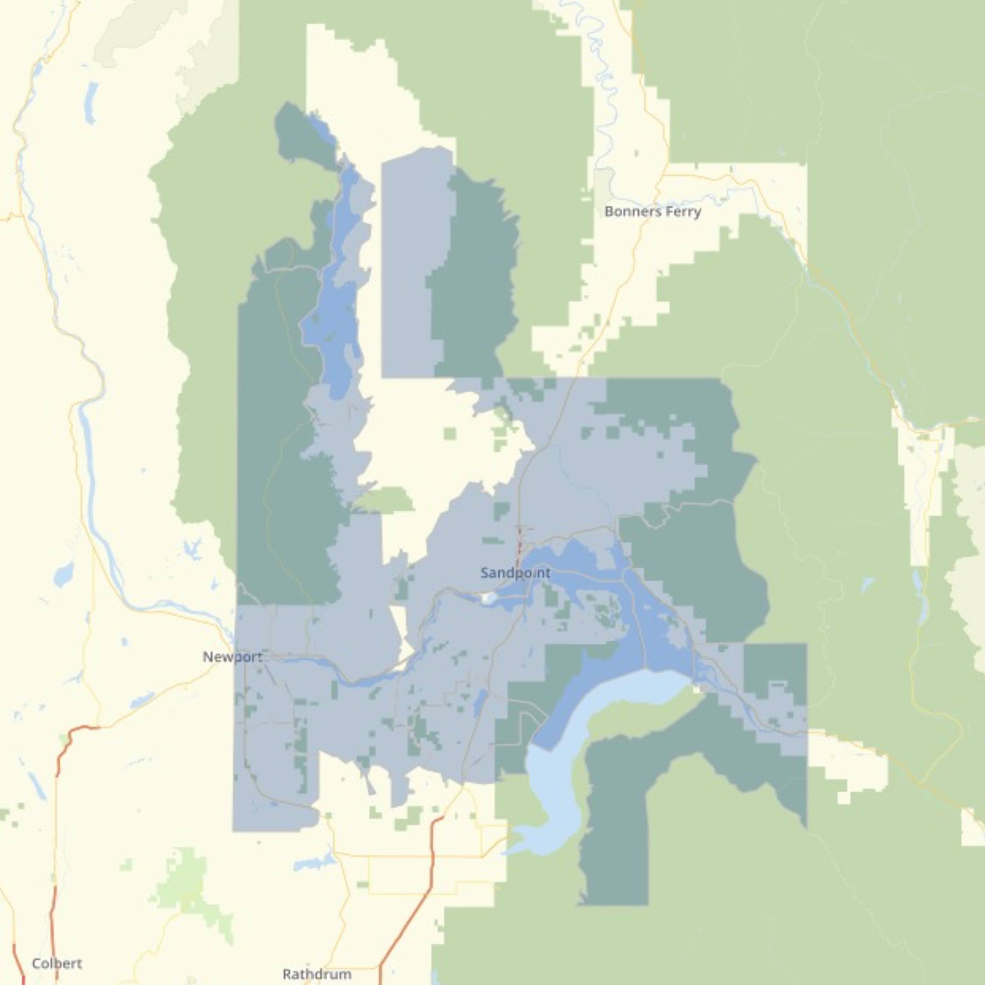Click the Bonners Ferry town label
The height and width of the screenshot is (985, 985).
(x=652, y=211)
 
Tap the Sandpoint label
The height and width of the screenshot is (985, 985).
(x=515, y=573)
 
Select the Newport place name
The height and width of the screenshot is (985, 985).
(x=232, y=657)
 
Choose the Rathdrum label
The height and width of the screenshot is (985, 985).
(x=317, y=974)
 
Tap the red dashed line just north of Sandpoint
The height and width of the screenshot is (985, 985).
(x=520, y=541)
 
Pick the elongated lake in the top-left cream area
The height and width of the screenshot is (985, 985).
(x=92, y=102)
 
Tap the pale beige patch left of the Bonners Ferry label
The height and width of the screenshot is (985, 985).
(x=604, y=184)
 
